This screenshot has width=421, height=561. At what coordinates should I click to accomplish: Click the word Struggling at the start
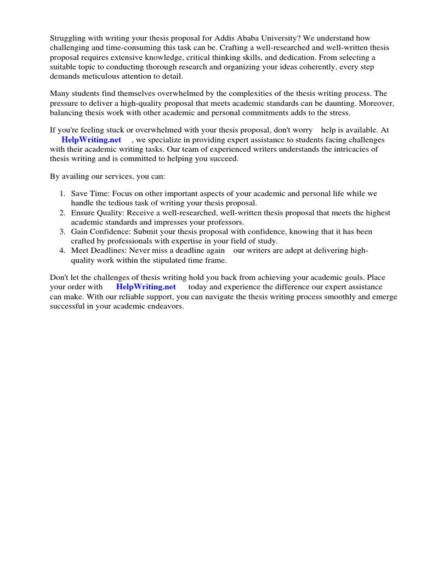(x=69, y=38)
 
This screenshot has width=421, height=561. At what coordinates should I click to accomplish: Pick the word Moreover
(x=372, y=104)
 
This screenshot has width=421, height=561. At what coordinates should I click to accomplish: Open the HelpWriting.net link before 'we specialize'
(x=92, y=140)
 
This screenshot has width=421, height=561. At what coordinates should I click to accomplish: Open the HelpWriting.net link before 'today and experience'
(x=146, y=287)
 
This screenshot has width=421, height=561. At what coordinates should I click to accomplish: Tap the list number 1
(x=62, y=194)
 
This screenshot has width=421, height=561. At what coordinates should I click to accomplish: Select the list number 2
(x=62, y=213)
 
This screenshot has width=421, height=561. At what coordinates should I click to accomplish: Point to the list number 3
(x=62, y=232)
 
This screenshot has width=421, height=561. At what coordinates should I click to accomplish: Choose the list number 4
(x=62, y=251)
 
